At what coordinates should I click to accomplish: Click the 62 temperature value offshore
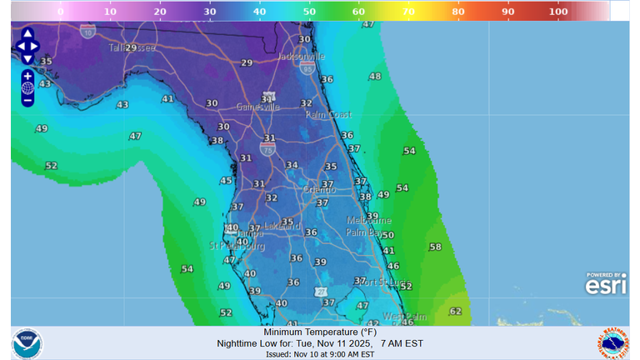455,312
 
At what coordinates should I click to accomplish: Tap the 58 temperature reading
435,247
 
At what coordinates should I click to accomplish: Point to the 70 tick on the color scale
410,12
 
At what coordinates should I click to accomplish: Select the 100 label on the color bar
558,12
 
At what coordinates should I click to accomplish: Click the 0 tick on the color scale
60,12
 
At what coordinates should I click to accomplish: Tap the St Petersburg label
236,246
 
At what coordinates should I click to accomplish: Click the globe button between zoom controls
27,87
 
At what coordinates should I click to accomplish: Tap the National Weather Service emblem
612,342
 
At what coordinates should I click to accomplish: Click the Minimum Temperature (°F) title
319,331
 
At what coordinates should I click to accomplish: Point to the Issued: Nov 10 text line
319,353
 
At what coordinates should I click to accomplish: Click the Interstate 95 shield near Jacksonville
308,71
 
